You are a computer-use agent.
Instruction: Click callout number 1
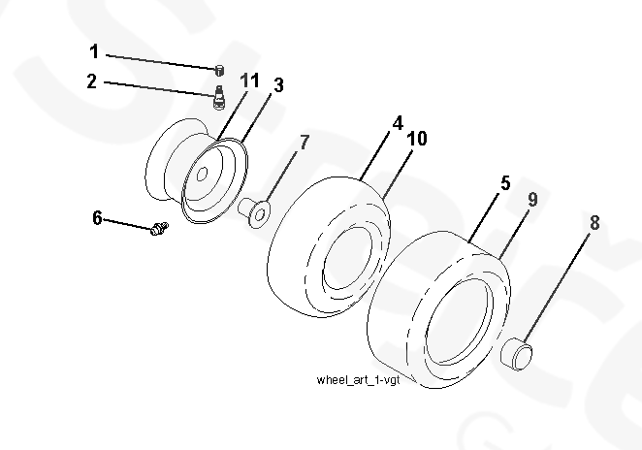click(94, 50)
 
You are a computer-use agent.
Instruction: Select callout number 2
click(93, 82)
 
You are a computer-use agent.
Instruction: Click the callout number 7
click(305, 143)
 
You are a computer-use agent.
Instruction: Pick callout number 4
click(398, 124)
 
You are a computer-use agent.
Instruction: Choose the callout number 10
click(416, 140)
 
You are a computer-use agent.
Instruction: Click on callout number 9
click(532, 200)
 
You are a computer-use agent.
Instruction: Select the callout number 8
click(594, 223)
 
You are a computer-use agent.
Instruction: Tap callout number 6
click(97, 217)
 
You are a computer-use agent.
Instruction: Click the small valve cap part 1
click(219, 69)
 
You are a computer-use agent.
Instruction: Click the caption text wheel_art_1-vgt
click(359, 380)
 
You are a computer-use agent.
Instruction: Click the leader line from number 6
click(126, 223)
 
